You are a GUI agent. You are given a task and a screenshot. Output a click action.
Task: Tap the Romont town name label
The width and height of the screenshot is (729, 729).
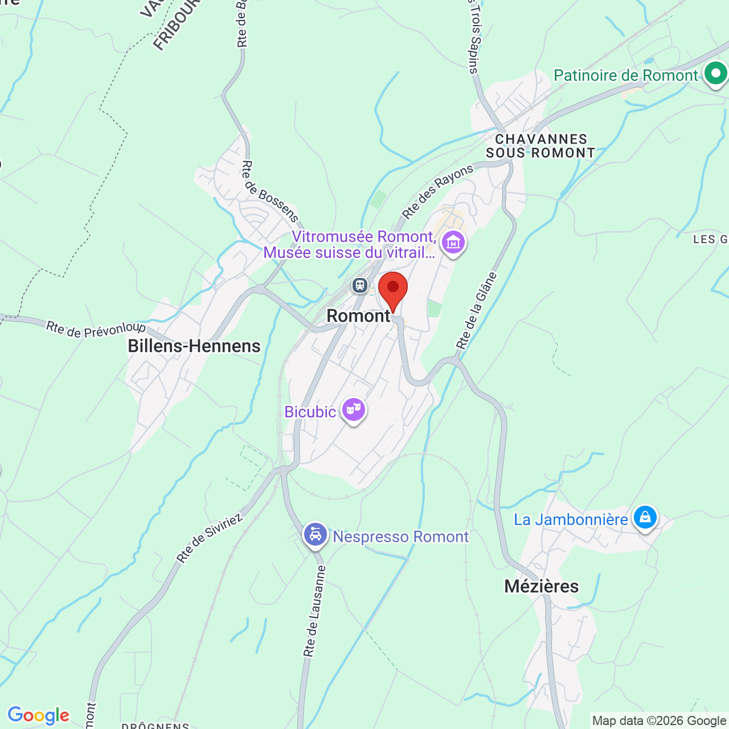(358, 316)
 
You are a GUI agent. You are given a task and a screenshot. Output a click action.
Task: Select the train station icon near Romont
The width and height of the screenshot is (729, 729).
(360, 285)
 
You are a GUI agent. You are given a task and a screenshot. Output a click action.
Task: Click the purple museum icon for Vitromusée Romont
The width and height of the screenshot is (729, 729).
(453, 243)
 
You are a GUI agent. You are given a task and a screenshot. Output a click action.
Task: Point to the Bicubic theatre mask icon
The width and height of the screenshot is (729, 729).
(354, 409)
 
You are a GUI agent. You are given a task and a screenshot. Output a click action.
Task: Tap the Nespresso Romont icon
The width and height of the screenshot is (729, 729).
(316, 534)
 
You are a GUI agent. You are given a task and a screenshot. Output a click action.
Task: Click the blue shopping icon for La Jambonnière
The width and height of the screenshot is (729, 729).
(645, 517)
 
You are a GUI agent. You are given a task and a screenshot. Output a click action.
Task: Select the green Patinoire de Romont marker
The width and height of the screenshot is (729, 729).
(715, 74)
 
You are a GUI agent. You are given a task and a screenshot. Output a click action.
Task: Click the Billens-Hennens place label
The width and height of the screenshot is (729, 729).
(194, 346)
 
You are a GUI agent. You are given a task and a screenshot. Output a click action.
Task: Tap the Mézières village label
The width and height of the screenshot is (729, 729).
(542, 586)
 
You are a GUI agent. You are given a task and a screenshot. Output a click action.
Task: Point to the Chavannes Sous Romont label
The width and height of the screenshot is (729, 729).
(540, 146)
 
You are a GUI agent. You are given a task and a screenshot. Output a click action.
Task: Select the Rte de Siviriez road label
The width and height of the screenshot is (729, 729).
(210, 538)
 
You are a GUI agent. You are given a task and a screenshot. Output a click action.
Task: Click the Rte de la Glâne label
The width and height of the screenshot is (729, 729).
(477, 310)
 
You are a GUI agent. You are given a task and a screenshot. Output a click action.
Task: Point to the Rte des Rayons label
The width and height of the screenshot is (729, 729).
(437, 191)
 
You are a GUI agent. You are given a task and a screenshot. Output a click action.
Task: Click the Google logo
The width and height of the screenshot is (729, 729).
(38, 715)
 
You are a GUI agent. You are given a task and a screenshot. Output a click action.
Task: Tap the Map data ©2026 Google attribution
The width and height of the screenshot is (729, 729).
(659, 721)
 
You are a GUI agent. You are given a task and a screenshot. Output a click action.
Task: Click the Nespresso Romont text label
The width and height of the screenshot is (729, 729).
(400, 536)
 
